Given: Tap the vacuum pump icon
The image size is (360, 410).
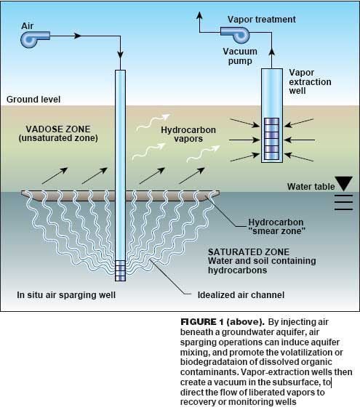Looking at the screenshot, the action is click(x=236, y=34).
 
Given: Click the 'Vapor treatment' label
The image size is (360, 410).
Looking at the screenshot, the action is click(x=262, y=20).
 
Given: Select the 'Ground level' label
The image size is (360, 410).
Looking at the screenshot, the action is click(x=33, y=100).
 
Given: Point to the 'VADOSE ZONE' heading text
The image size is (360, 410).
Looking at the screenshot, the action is click(x=58, y=129).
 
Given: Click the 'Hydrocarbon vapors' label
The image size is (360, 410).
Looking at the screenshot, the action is click(x=188, y=134).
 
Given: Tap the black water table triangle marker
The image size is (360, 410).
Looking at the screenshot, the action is click(x=344, y=184).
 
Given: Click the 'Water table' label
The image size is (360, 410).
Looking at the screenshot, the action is click(x=311, y=186).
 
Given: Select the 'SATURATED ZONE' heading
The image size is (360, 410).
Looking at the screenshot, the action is click(x=249, y=252).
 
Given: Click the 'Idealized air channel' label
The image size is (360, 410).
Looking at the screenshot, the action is click(x=241, y=295).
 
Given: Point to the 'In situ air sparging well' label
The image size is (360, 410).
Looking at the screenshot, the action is click(x=66, y=295).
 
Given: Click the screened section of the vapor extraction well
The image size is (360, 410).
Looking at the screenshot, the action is click(x=272, y=139).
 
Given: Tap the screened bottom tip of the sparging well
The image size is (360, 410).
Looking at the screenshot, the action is click(x=120, y=271).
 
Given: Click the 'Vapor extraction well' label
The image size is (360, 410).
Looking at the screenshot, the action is click(x=310, y=81).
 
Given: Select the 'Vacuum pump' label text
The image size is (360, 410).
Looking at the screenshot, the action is click(x=240, y=56).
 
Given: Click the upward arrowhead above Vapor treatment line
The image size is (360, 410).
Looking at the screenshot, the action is click(x=199, y=15).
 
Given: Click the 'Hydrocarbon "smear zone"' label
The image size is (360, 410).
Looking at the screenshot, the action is click(x=276, y=227).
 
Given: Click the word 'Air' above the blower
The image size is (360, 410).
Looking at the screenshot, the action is click(x=27, y=26).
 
